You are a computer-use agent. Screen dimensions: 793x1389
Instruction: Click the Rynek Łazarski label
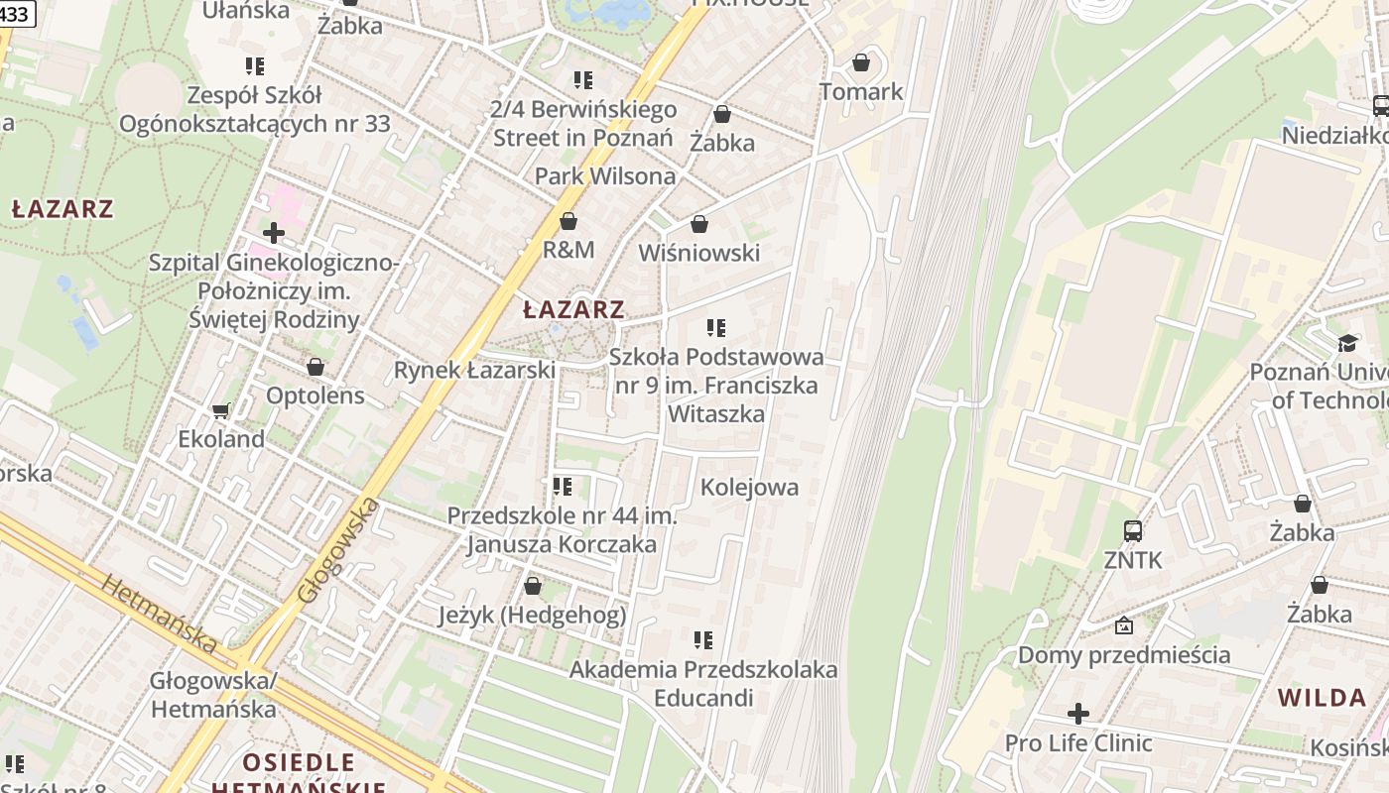[x=474, y=370]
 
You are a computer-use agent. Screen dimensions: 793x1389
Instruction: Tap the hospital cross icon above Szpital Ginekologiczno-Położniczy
[x=274, y=234]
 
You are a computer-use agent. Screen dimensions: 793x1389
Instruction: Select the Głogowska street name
[x=338, y=551]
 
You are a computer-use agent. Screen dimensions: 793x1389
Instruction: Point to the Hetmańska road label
[x=160, y=615]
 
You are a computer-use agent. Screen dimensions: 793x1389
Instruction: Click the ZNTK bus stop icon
[x=1132, y=531]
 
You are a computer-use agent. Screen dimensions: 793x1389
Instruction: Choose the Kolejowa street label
[x=749, y=487]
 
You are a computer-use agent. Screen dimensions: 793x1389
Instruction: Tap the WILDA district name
[x=1322, y=697]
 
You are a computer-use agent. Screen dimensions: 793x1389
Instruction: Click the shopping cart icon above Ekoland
[x=221, y=410]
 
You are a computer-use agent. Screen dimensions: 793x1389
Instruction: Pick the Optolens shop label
[x=315, y=396]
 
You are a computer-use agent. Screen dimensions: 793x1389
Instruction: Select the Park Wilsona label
[x=605, y=176]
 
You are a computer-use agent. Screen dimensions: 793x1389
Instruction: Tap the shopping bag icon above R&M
[x=568, y=221]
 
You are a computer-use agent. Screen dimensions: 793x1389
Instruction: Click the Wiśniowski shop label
[x=698, y=253]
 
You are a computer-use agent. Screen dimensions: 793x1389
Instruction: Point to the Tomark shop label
[x=861, y=92]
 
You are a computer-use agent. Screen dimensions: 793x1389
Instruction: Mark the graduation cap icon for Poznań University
[x=1346, y=343]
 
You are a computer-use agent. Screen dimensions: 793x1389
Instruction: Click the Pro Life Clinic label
[x=1078, y=742]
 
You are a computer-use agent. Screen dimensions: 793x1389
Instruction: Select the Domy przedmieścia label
[x=1124, y=654]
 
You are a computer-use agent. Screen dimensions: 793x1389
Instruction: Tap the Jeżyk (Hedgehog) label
[x=533, y=616]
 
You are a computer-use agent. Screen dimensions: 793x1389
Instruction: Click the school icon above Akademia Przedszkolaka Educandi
[x=703, y=640]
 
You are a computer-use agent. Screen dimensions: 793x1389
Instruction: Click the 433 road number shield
[x=15, y=14]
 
